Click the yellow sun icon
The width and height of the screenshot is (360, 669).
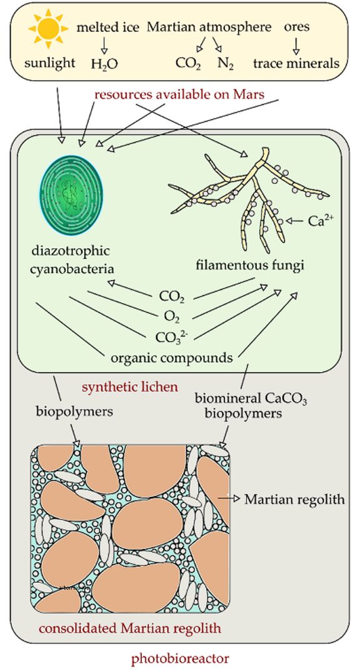(x=48, y=28)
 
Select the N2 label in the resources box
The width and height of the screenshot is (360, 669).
(x=226, y=63)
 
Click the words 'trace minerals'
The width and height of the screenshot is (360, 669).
(x=296, y=63)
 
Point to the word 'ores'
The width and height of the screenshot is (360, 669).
(x=296, y=27)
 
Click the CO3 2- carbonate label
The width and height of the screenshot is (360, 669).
(x=170, y=337)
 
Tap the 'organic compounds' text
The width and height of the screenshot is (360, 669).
(x=172, y=358)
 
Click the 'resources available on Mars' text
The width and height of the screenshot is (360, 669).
(x=179, y=94)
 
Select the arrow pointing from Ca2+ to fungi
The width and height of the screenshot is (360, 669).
(x=296, y=221)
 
